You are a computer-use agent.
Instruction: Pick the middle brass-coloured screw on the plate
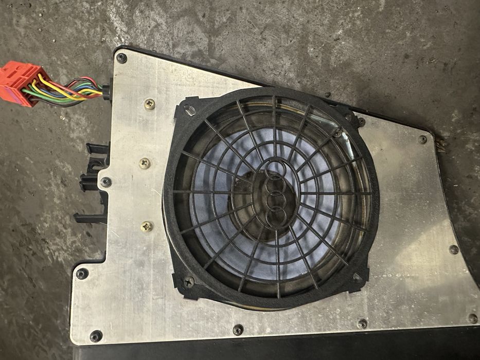[145, 164]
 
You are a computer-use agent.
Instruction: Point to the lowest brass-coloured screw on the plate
[147, 226]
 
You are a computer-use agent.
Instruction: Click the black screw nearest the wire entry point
[121, 58]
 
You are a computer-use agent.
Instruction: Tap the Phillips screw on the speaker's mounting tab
[189, 282]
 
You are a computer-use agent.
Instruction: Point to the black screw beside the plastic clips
[105, 182]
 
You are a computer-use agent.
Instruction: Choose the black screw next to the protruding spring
[423, 139]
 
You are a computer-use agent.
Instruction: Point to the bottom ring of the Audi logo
[276, 216]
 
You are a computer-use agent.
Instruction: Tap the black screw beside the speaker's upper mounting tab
[361, 122]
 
